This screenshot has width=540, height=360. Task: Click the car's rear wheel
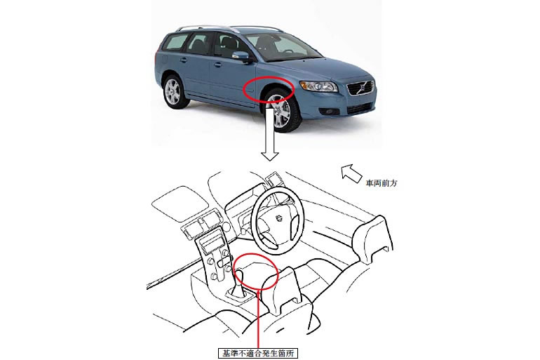point(173,92)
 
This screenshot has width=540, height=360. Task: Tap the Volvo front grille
point(360,88)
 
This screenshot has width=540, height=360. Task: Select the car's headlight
point(318,86)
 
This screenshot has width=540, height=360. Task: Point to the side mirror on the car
point(242,56)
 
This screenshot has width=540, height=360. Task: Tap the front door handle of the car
point(217,65)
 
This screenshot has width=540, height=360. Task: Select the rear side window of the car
point(176,42)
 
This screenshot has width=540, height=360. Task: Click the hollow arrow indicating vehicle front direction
point(351,173)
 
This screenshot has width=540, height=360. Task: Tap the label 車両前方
point(382,183)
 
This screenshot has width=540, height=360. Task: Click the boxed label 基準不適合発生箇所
point(257,354)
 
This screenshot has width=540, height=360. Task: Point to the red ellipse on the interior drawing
point(255,253)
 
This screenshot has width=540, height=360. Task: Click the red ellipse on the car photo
point(269,77)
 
